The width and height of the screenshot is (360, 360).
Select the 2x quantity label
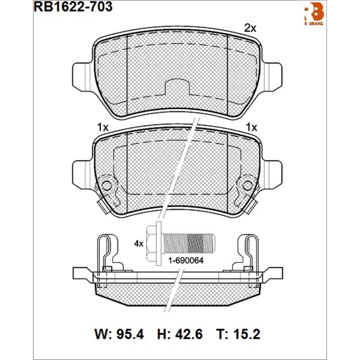[249, 29]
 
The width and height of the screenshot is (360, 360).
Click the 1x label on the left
[102, 126]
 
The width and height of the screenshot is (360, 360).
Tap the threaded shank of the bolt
[198, 241]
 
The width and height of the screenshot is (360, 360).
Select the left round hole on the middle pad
[106, 184]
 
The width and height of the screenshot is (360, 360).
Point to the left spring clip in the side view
[107, 252]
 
